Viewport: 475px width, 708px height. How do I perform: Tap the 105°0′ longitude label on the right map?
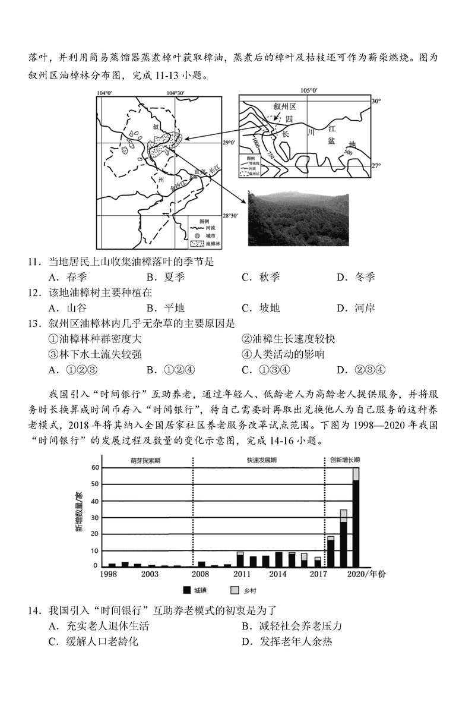[309, 90]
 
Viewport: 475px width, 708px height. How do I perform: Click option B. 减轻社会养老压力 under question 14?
[292, 626]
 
